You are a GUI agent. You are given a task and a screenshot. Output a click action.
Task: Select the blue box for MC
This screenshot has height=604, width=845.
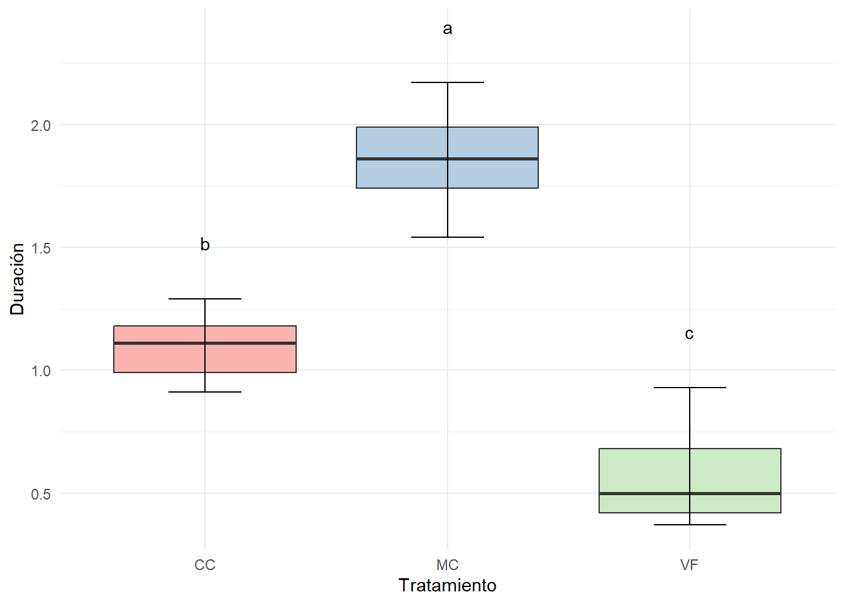point(402,142)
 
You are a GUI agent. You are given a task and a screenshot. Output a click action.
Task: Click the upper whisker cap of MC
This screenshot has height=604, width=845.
point(448,82)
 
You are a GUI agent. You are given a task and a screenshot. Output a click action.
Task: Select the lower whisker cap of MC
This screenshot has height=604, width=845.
point(448,237)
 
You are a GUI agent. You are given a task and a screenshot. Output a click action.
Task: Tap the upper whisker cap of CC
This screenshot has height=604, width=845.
point(205,299)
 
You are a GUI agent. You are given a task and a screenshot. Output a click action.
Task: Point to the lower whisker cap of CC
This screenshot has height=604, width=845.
point(205,392)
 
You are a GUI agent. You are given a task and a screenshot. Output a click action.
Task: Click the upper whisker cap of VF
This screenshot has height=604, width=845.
point(690,388)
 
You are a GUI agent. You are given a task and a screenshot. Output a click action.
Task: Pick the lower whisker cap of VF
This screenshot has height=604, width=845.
point(690,525)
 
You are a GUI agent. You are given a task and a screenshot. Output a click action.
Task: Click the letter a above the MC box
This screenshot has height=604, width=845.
point(448,29)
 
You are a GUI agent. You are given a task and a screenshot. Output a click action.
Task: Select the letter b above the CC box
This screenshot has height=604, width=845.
point(205,244)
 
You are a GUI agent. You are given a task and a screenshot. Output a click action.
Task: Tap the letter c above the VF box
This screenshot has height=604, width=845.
point(689,334)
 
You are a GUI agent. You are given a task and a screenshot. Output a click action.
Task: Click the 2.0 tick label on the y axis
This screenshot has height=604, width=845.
point(41,125)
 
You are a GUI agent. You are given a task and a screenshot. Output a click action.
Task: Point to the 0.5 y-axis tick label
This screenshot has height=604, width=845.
point(41,494)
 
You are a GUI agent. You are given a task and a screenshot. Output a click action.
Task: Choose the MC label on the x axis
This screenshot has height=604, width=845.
point(448,565)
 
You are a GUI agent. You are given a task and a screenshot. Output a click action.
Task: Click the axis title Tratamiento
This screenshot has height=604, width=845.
point(448,586)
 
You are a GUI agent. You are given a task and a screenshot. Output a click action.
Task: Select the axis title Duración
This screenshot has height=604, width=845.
point(17,279)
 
